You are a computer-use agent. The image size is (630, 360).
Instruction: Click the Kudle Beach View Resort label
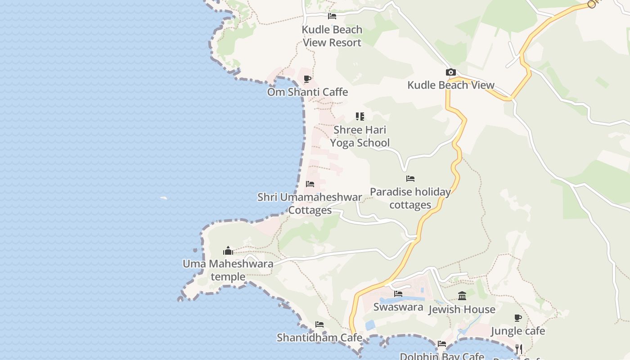[332, 36]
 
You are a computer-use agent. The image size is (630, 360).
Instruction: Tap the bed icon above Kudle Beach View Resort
[332, 16]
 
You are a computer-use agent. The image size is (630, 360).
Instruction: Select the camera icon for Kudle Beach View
[450, 72]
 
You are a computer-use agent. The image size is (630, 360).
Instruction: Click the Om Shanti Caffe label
[307, 92]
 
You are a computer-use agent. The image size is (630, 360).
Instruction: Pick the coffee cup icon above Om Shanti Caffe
[307, 79]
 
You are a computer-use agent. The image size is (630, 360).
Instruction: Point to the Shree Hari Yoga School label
[360, 136]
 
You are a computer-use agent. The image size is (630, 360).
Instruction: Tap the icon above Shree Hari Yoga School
[360, 117]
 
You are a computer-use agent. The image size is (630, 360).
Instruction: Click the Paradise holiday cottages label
[410, 198]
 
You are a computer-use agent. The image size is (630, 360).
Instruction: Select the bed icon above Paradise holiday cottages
[410, 179]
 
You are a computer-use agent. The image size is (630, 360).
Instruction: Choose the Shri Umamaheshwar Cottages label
[310, 203]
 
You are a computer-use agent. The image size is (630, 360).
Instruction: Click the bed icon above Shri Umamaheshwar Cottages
[310, 184]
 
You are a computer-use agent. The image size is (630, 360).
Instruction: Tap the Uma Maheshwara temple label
[228, 270]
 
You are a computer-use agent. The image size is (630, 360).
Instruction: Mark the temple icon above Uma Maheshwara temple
[228, 251]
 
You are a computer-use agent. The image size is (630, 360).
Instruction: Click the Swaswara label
[398, 307]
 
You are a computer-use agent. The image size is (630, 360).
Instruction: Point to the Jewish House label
[462, 309]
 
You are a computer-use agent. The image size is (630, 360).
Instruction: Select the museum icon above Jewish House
[462, 296]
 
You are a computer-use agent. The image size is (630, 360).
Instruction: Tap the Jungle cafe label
[517, 331]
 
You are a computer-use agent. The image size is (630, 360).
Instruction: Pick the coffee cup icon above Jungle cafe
[518, 318]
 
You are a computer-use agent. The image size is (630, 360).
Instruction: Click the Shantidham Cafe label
[319, 337]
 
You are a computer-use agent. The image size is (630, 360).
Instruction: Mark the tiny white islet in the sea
[164, 198]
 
